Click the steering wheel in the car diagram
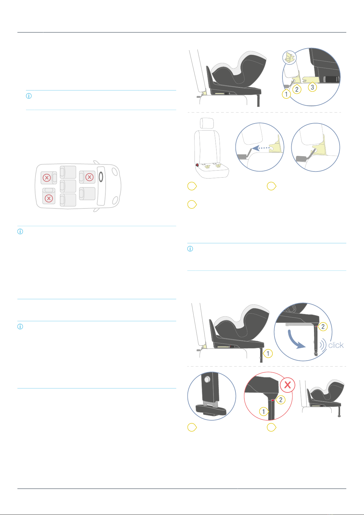101,177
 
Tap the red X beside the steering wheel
89,177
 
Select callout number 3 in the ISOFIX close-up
312,87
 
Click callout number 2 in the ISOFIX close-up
297,89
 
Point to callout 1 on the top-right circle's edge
286,94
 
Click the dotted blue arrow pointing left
261,148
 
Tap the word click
336,345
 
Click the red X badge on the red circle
288,385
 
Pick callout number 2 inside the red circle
281,400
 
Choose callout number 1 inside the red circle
264,411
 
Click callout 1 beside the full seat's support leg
268,354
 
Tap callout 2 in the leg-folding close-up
323,326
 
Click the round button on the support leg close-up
207,379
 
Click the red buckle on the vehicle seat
197,165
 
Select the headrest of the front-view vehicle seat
207,123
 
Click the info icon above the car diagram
29,96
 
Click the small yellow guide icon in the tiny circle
289,58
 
